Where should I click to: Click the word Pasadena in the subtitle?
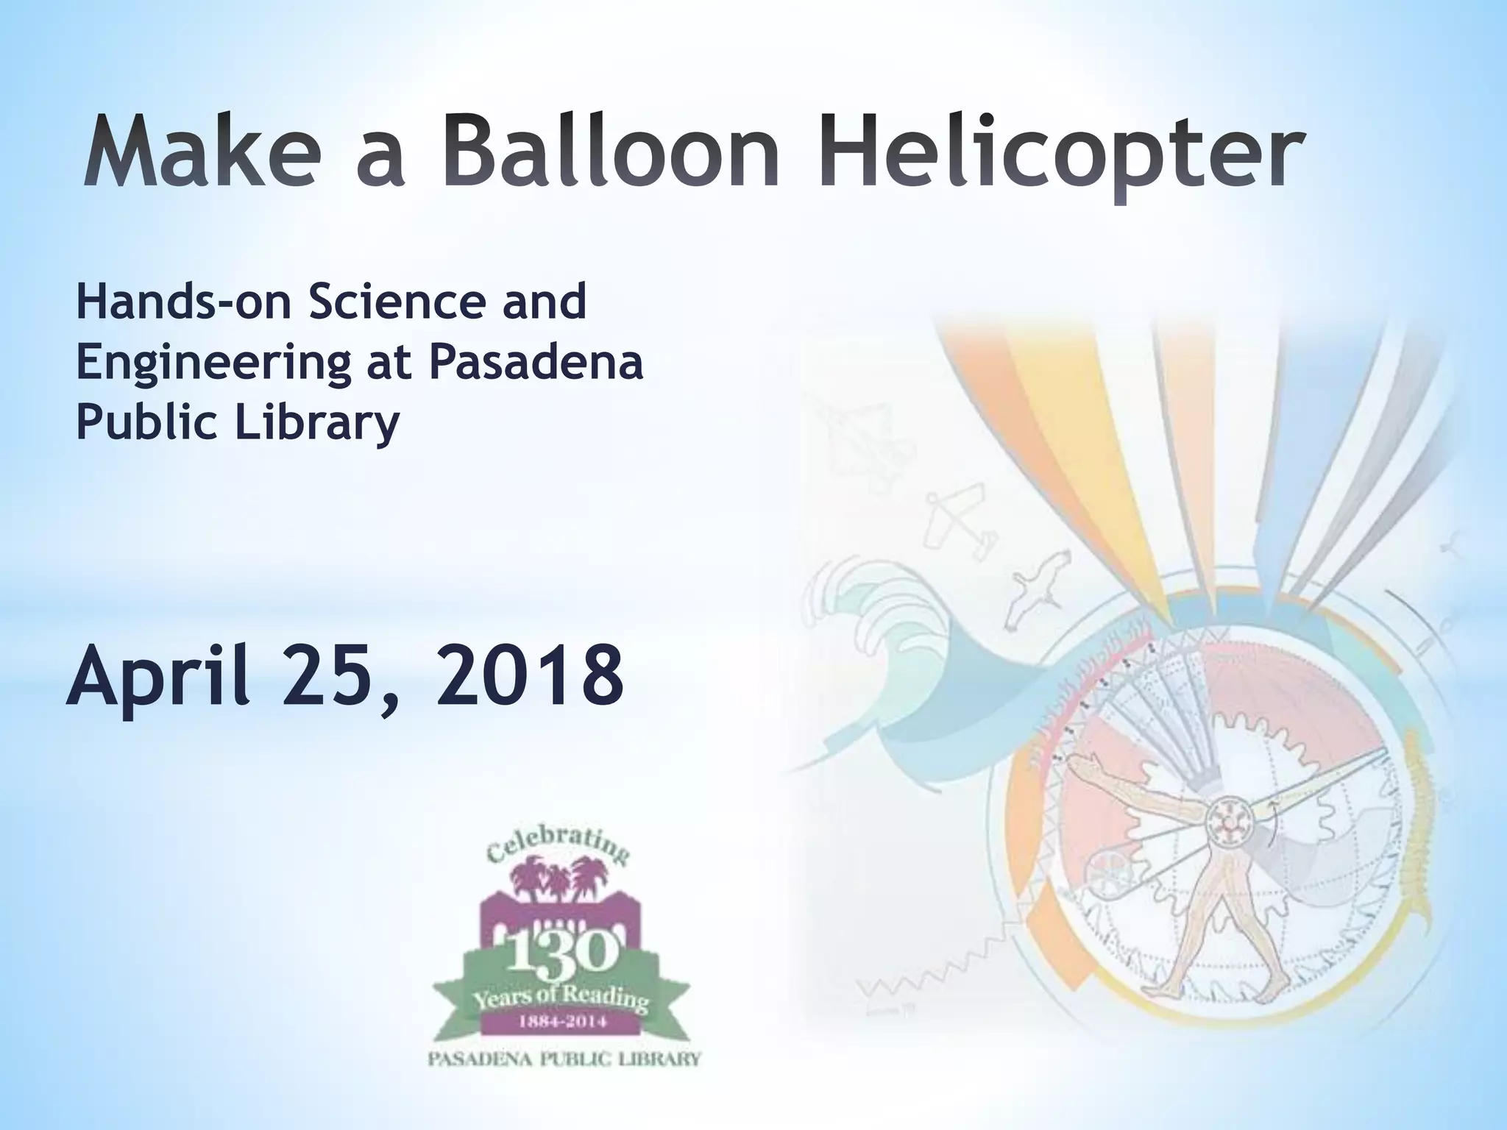pos(536,363)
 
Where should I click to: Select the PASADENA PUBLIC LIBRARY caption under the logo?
pos(565,1060)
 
